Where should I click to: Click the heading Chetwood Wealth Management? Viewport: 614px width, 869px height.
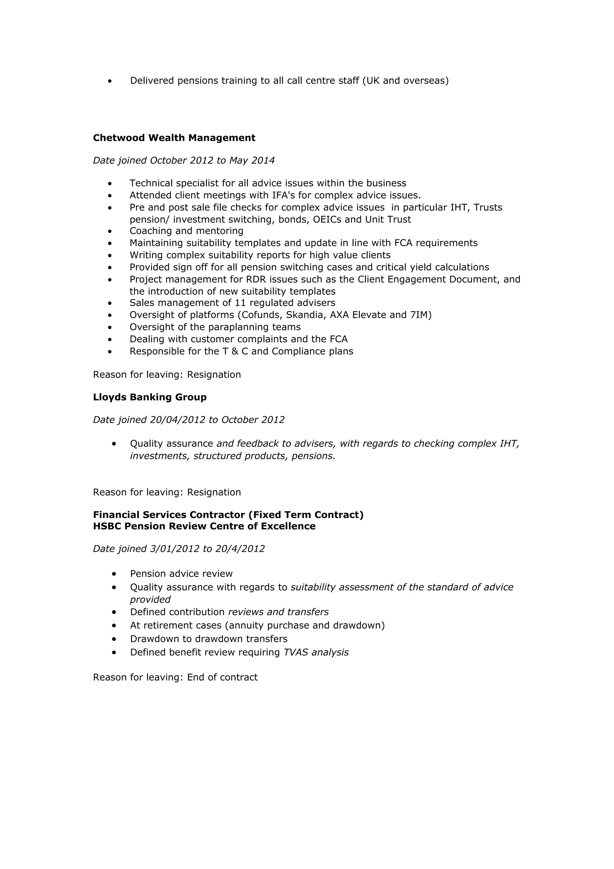(174, 138)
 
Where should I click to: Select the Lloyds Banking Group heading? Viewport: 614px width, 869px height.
(150, 397)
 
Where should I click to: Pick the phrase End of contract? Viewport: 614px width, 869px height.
(222, 677)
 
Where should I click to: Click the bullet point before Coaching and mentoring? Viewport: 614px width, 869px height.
(110, 231)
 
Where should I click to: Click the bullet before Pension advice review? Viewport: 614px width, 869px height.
(114, 574)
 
